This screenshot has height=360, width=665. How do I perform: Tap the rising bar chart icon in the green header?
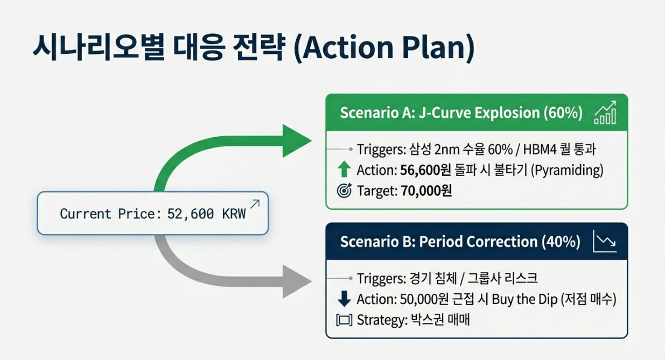[x=604, y=114]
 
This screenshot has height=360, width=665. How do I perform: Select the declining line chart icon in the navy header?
[x=604, y=242]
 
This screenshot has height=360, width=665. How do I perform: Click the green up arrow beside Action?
[x=344, y=170]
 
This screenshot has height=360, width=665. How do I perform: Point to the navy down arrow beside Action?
[x=344, y=299]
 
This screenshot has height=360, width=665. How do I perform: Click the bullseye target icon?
[x=344, y=190]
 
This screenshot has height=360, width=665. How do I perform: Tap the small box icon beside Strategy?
[x=344, y=320]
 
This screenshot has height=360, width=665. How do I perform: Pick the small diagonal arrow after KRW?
[x=255, y=204]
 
